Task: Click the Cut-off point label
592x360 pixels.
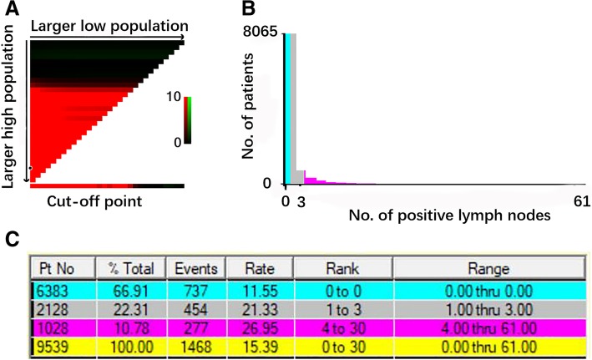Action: tap(83, 200)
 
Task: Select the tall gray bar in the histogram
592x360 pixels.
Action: tap(293, 109)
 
